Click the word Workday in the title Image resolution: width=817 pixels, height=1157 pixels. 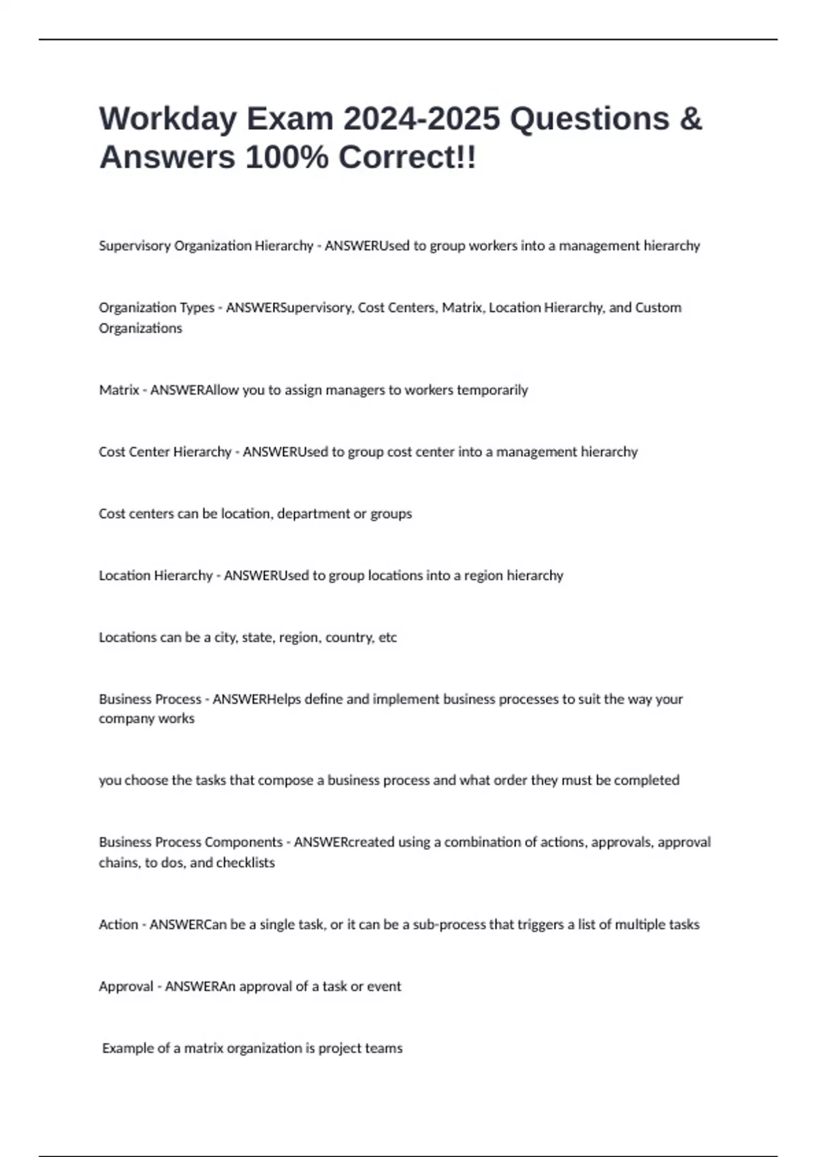[167, 118]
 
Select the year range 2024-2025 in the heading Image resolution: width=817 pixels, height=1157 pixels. [421, 118]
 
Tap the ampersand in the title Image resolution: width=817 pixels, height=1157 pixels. [690, 118]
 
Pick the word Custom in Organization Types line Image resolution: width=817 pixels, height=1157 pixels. [658, 308]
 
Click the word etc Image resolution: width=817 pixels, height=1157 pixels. [387, 638]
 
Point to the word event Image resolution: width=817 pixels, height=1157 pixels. [384, 986]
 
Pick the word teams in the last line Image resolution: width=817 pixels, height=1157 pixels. [384, 1048]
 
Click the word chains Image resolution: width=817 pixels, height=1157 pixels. [118, 863]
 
